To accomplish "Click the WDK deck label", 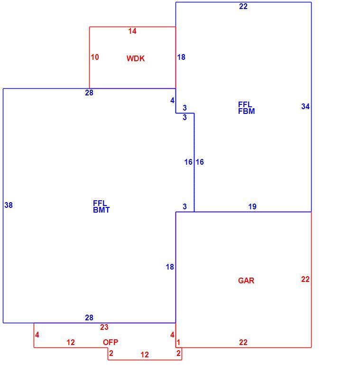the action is pos(136,58).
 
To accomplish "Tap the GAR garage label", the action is pos(246,280).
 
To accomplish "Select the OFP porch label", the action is pos(111,342).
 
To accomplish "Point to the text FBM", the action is pos(246,111).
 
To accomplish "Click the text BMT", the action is pos(102,210).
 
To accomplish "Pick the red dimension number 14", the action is pos(132,31).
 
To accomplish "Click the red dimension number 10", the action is pos(95,57).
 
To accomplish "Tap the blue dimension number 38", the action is pos(9,205).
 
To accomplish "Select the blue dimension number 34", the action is pos(305,106).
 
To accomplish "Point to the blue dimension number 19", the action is pos(252,206).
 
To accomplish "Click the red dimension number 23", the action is pos(104,327).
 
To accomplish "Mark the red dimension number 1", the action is pos(178,343).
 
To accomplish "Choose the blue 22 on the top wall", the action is pos(243,6).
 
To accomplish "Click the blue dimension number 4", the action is pos(172,101).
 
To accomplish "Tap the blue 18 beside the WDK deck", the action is pos(181,57).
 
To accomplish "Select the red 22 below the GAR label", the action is pos(243,342).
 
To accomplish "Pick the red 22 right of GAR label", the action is pos(305,279).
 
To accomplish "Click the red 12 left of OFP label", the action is pos(71,343).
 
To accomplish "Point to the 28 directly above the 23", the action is pos(89,318).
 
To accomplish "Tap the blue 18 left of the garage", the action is pos(170,267).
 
